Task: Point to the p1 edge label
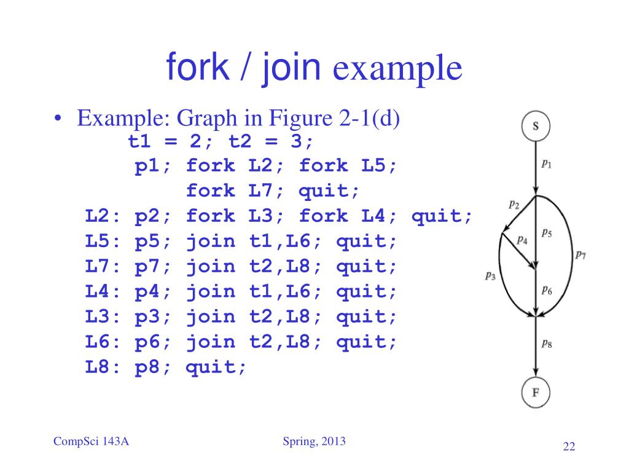546,163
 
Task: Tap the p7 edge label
580,254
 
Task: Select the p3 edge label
490,276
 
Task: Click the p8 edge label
546,344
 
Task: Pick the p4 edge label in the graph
522,240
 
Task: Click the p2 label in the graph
514,205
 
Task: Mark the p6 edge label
546,290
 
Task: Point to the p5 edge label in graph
546,233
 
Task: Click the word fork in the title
197,66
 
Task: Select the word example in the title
397,68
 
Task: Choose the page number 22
569,446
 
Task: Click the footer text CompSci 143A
91,441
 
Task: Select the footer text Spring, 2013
314,441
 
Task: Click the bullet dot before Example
58,119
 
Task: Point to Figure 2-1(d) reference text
334,118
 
